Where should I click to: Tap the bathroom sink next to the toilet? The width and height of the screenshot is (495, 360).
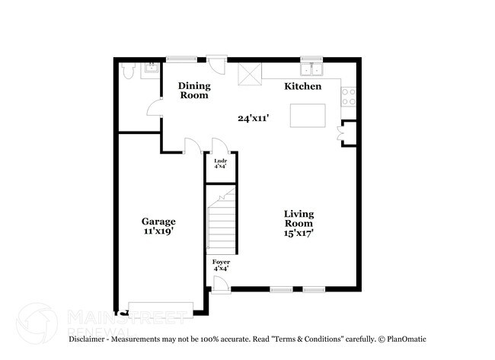click(x=150, y=68)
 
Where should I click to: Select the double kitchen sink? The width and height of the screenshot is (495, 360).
click(x=312, y=70)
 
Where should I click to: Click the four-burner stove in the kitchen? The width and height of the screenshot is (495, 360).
click(x=347, y=95)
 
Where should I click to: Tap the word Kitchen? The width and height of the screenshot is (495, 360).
click(x=302, y=87)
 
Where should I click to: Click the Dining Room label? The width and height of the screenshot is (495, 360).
click(x=193, y=91)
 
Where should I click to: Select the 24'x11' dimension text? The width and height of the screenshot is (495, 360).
click(x=252, y=118)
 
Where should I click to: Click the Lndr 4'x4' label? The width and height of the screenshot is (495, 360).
click(x=220, y=163)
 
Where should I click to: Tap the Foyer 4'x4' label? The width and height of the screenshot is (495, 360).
click(x=221, y=266)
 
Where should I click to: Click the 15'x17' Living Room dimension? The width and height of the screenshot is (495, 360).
click(x=299, y=234)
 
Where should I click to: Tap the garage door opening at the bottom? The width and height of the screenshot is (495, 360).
click(x=161, y=307)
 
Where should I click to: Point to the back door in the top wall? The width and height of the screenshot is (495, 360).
click(x=219, y=64)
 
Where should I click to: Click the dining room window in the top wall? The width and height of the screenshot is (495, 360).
click(x=182, y=59)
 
